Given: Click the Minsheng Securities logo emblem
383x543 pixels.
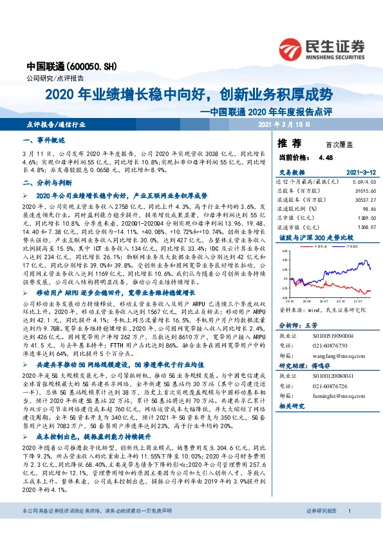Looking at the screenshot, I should [293, 47].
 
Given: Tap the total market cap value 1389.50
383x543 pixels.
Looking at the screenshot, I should [364, 219].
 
